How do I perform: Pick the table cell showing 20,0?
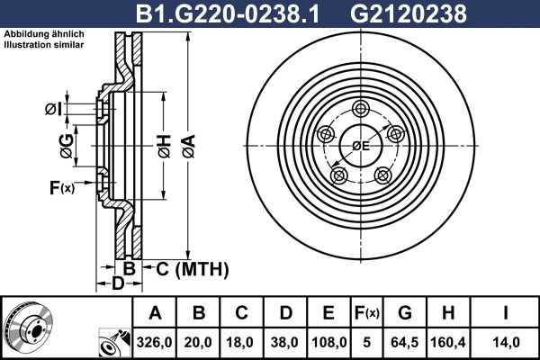pos(199,342)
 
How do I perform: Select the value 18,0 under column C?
pos(241,342)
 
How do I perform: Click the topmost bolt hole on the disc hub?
pos(361,109)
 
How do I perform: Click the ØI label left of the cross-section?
pos(53,110)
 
